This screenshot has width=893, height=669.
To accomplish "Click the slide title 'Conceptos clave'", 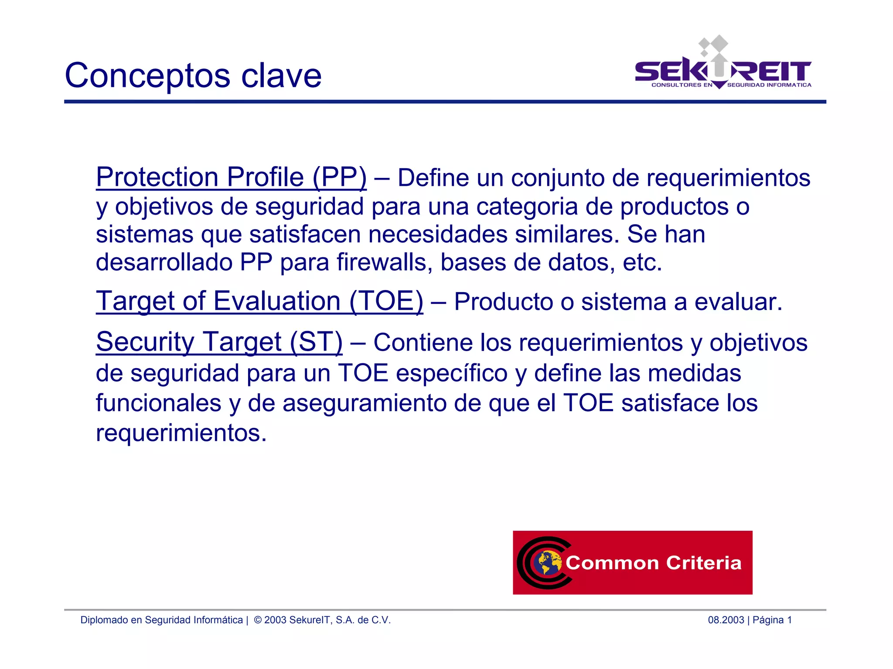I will (x=193, y=75).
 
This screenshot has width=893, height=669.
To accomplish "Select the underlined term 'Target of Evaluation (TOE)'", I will (x=259, y=301).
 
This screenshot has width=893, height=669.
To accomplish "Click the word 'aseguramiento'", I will (x=365, y=403).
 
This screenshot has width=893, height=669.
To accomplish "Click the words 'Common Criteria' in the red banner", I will (x=653, y=563).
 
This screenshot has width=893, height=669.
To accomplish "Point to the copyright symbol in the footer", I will (x=258, y=620).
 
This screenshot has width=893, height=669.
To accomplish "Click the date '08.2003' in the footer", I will (x=726, y=620).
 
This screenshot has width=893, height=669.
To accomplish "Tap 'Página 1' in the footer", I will (x=772, y=620).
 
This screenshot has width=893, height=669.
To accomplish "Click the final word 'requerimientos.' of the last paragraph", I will (x=181, y=433).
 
